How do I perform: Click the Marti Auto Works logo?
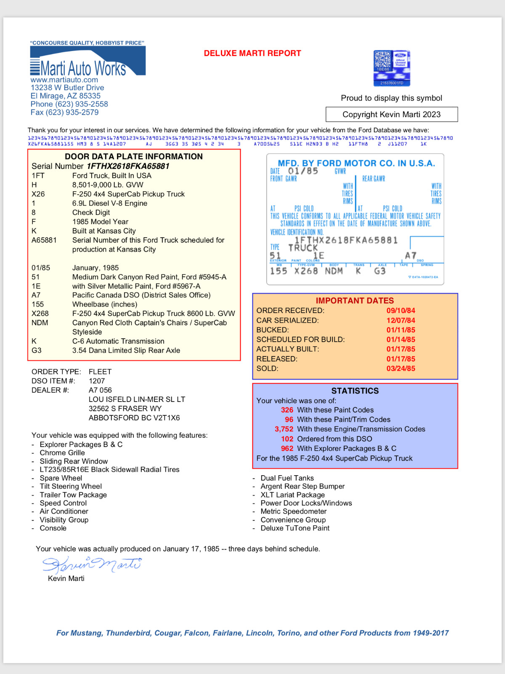pyautogui.click(x=88, y=62)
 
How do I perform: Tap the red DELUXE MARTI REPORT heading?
pyautogui.click(x=252, y=53)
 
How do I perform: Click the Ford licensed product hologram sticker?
pyautogui.click(x=391, y=68)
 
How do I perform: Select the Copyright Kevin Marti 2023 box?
pyautogui.click(x=391, y=115)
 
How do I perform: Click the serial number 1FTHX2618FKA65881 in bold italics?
pyautogui.click(x=128, y=166)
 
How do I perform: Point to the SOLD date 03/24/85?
pyautogui.click(x=401, y=369)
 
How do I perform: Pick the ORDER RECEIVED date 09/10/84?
pyautogui.click(x=401, y=311)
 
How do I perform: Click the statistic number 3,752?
pyautogui.click(x=284, y=429)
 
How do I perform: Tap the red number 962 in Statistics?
pyautogui.click(x=287, y=449)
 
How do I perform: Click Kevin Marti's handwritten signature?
pyautogui.click(x=92, y=564)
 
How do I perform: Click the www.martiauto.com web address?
pyautogui.click(x=64, y=80)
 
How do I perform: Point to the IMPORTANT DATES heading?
pyautogui.click(x=355, y=301)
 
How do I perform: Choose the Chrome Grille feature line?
pyautogui.click(x=62, y=453)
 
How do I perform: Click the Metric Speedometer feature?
pyautogui.click(x=293, y=511)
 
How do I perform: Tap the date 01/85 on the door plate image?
pyautogui.click(x=303, y=171)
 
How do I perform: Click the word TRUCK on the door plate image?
pyautogui.click(x=303, y=248)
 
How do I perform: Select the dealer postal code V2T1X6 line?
pyautogui.click(x=134, y=418)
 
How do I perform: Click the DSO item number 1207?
pyautogui.click(x=97, y=381)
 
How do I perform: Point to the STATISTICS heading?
pyautogui.click(x=355, y=391)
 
